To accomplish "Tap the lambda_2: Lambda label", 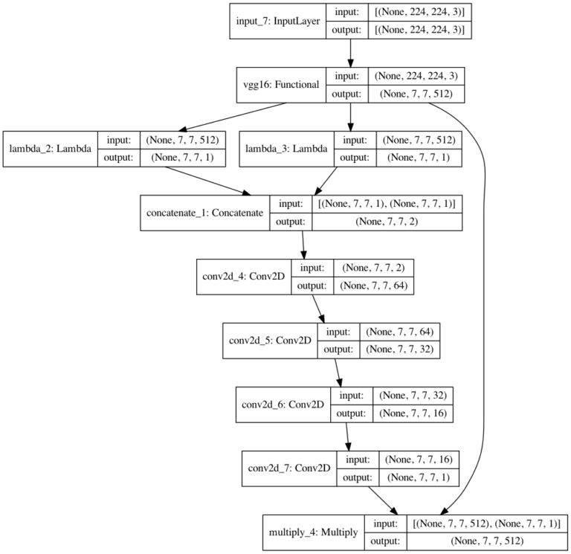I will [50, 148].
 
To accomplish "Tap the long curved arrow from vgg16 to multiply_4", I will [485, 297].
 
